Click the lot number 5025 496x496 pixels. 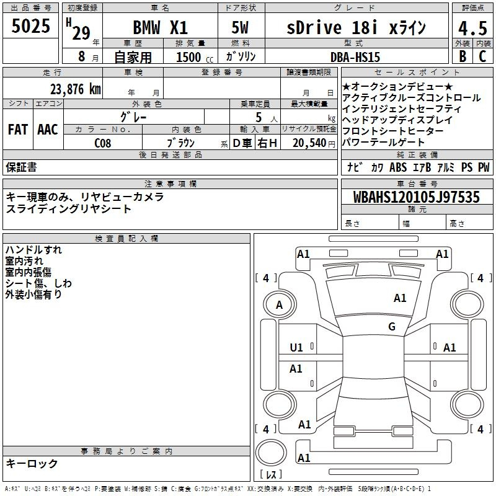(x=30, y=26)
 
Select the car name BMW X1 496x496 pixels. (x=161, y=27)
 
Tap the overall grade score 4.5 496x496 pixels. (x=472, y=29)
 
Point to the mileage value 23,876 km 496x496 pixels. (x=75, y=89)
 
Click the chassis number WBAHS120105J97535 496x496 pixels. (x=417, y=197)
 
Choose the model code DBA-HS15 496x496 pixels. (x=355, y=57)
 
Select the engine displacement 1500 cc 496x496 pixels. (x=194, y=57)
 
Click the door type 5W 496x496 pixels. (x=240, y=27)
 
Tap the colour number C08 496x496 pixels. (x=103, y=143)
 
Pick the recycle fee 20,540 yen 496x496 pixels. (x=313, y=143)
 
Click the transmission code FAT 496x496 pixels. (x=18, y=130)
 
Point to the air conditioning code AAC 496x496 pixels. (x=48, y=130)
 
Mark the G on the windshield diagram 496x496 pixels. (x=392, y=326)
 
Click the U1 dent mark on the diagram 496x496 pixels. (x=296, y=348)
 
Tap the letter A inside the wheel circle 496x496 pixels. (x=279, y=305)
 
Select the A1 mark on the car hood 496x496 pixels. (x=400, y=298)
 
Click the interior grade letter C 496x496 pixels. (x=483, y=56)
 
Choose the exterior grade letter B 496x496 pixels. (x=463, y=56)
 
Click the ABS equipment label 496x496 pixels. (x=398, y=167)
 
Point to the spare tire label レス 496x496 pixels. (x=271, y=474)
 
